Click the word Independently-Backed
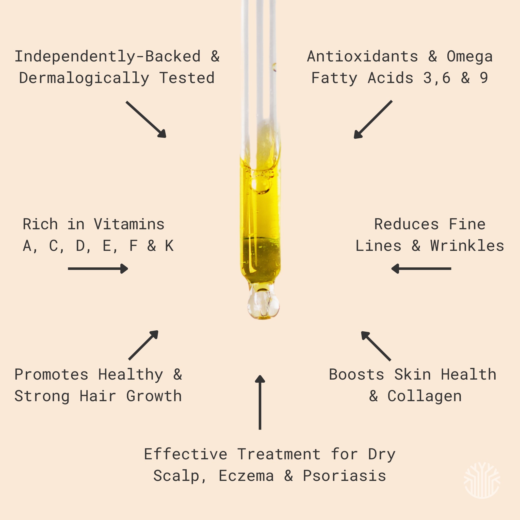(x=107, y=57)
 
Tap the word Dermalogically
(x=84, y=78)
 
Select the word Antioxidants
(x=363, y=57)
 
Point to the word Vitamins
(x=129, y=224)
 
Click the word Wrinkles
(x=467, y=246)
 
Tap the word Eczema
(x=246, y=476)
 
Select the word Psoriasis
(x=345, y=476)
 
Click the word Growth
(x=154, y=396)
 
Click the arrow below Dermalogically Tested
(x=146, y=120)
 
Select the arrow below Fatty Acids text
(x=373, y=120)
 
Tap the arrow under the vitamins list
(x=98, y=269)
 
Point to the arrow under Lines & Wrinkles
(x=421, y=269)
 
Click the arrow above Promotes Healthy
(x=143, y=345)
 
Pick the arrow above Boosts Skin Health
(x=376, y=346)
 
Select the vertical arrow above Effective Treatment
(x=260, y=402)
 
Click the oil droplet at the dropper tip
(x=263, y=304)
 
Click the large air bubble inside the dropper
(x=260, y=185)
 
